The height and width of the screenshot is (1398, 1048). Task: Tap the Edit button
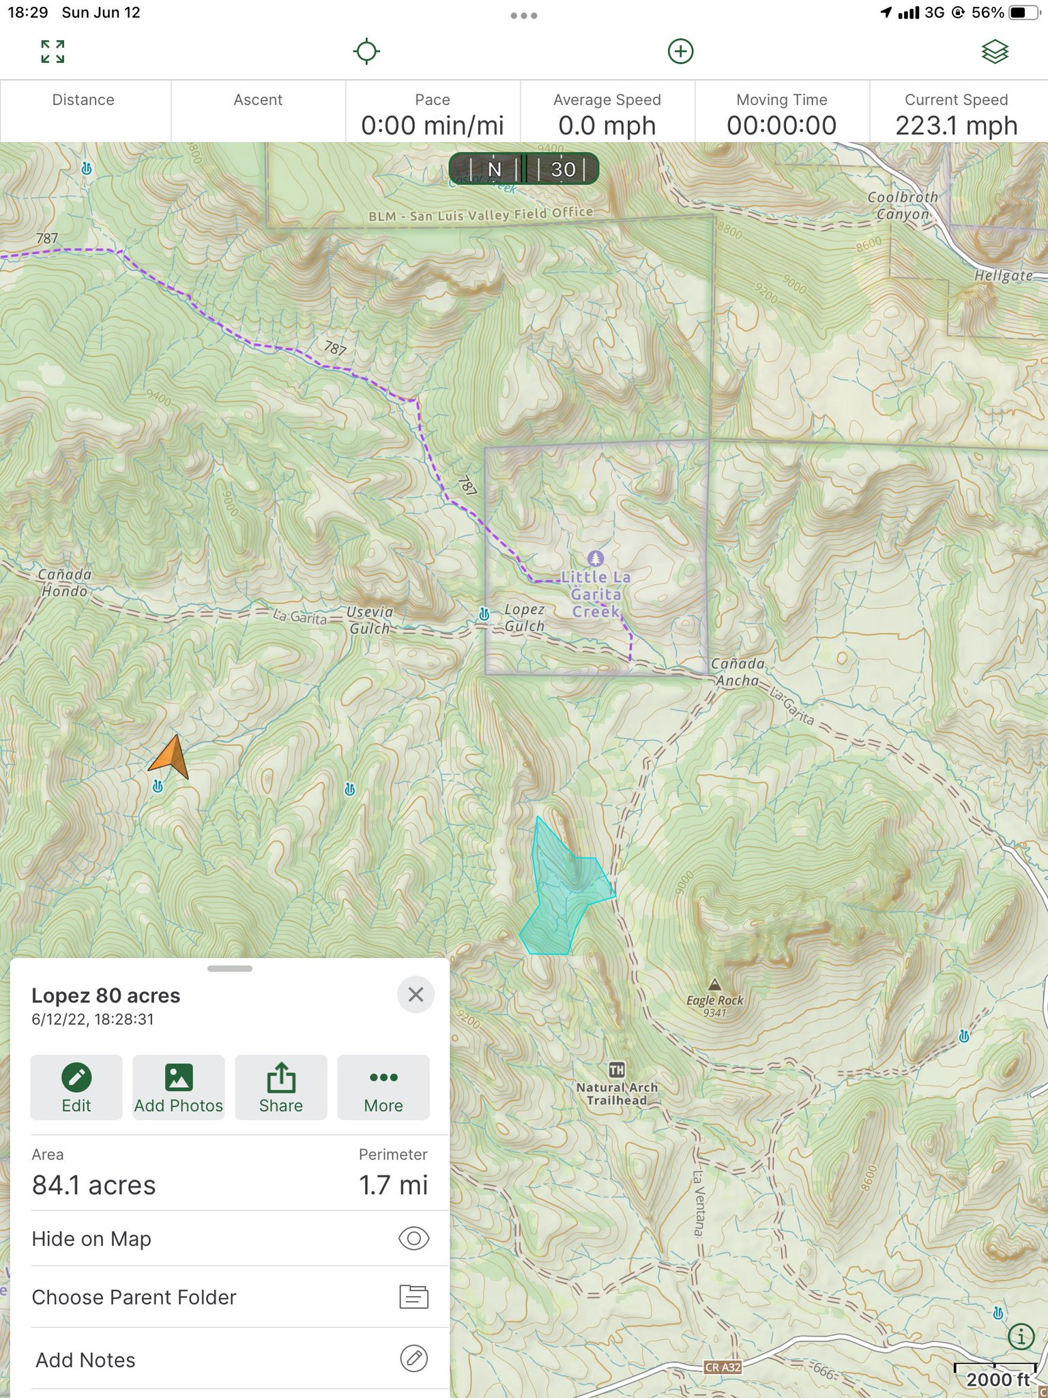76,1087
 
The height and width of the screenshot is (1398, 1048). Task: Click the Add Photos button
179,1087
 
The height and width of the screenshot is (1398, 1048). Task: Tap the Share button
280,1087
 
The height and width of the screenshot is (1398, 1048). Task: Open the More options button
383,1087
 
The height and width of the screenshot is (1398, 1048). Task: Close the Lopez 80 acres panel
416,995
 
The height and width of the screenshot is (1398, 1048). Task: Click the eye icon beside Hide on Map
413,1238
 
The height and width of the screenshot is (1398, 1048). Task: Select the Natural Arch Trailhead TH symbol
616,1070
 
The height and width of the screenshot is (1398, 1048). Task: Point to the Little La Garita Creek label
596,594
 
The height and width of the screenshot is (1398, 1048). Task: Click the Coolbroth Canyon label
902,205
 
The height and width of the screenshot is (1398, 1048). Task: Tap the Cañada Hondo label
64,582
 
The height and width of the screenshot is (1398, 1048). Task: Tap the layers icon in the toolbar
995,51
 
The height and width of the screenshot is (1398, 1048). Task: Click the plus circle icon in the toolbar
680,51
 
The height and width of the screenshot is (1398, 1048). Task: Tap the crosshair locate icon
366,51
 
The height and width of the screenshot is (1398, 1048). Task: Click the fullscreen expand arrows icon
53,51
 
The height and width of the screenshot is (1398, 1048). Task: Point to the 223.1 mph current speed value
956,126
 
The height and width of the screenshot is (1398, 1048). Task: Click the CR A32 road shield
723,1367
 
